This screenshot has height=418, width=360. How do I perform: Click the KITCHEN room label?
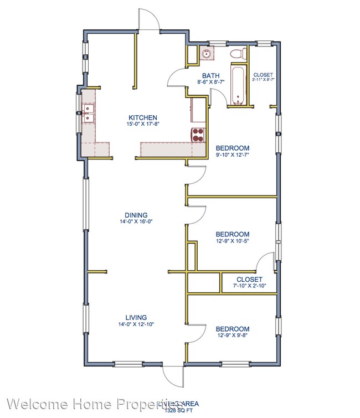143,117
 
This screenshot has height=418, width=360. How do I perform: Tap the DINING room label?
135,215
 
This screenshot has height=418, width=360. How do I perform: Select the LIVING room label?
135,317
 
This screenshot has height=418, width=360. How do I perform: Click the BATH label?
210,76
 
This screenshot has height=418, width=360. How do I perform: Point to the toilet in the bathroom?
238,54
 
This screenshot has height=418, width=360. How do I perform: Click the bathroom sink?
206,54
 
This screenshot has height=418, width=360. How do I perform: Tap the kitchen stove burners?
198,135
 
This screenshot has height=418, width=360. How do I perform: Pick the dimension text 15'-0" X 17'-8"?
143,124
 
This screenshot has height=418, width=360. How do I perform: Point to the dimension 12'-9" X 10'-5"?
232,241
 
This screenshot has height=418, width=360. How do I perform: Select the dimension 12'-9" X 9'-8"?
232,335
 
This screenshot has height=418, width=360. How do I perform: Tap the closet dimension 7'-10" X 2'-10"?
249,286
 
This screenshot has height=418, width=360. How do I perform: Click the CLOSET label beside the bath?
263,75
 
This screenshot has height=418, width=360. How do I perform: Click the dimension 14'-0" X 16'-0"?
135,221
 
